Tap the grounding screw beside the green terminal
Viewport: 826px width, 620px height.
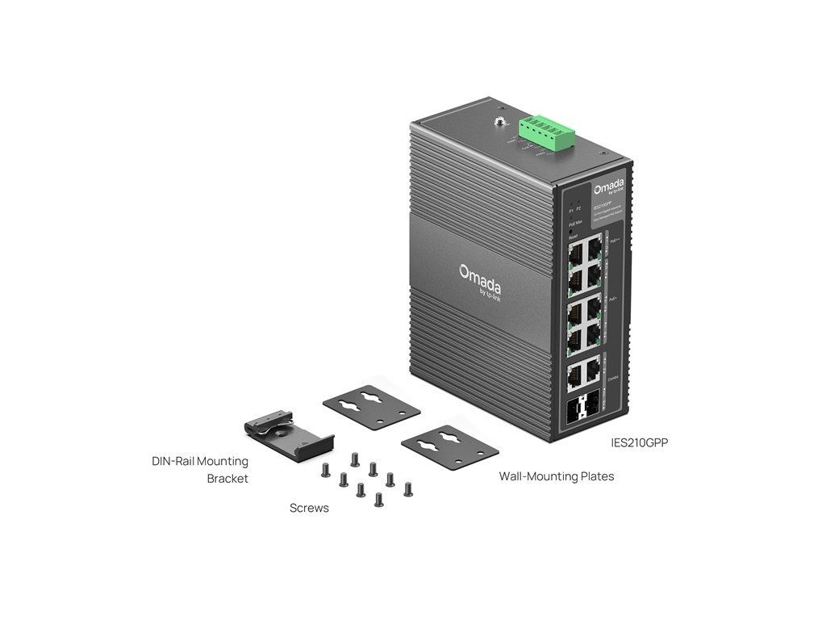click(x=501, y=123)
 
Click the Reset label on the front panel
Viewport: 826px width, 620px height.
click(x=573, y=237)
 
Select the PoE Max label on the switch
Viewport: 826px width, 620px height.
click(x=576, y=222)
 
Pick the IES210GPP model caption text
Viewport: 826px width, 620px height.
click(x=640, y=442)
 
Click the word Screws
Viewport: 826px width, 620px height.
click(x=309, y=509)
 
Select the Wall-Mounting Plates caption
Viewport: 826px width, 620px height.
click(x=557, y=476)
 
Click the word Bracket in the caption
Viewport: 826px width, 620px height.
click(x=227, y=479)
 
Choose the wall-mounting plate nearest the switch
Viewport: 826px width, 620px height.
click(x=449, y=445)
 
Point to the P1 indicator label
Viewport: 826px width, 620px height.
click(x=571, y=209)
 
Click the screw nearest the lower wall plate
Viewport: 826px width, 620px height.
click(x=407, y=488)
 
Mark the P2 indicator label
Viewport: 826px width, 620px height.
click(x=578, y=209)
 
